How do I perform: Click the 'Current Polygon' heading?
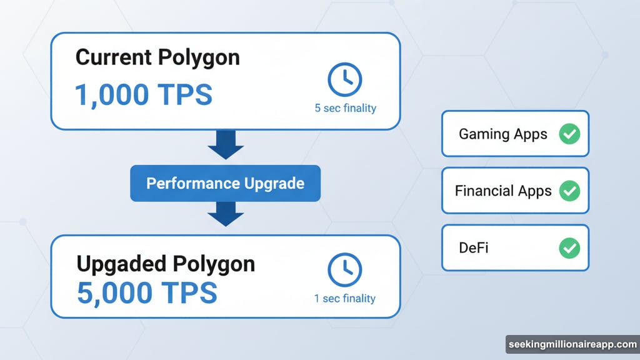(157, 58)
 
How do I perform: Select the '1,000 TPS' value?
(143, 94)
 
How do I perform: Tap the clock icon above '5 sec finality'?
(345, 79)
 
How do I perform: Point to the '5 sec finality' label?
(345, 108)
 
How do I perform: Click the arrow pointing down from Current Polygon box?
(225, 145)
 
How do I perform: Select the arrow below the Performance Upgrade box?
(225, 214)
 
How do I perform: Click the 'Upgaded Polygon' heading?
(166, 264)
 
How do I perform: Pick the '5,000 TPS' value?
(147, 293)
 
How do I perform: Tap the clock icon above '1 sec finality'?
(345, 270)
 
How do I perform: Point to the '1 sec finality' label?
(345, 299)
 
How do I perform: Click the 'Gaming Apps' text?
(502, 134)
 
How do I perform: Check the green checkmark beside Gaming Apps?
(569, 134)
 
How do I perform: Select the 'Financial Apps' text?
(503, 191)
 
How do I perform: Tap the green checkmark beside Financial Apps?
(569, 191)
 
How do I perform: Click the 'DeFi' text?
(473, 247)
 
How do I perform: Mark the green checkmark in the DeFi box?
(569, 248)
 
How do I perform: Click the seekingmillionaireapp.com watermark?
(571, 345)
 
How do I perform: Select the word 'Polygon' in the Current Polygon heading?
(198, 58)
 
